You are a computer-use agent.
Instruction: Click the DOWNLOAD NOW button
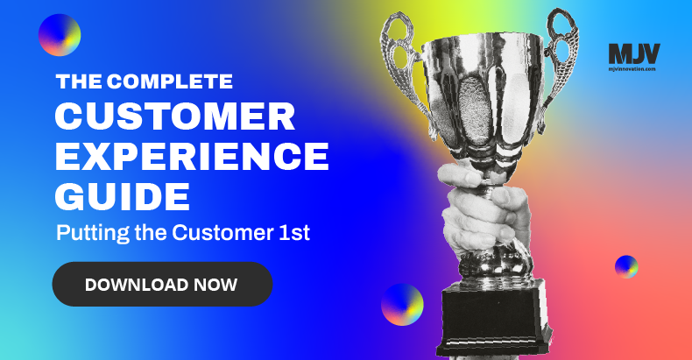(162, 285)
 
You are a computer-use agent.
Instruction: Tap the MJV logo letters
(633, 52)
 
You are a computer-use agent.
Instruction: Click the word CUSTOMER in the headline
(175, 117)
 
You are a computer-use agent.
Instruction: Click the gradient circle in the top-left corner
(60, 36)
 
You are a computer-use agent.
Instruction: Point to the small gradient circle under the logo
(626, 266)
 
